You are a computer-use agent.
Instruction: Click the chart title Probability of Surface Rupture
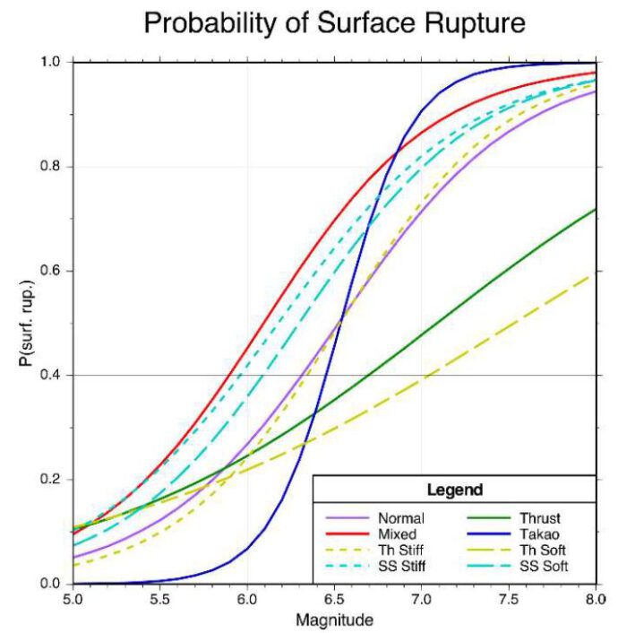pos(334,24)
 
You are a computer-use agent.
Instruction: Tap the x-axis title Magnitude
pos(334,620)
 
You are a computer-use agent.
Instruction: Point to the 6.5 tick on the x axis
pos(422,598)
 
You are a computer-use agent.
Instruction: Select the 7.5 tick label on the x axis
pos(509,598)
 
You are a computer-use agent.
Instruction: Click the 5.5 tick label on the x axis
pos(159,598)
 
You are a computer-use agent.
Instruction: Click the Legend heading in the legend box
pos(455,490)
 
